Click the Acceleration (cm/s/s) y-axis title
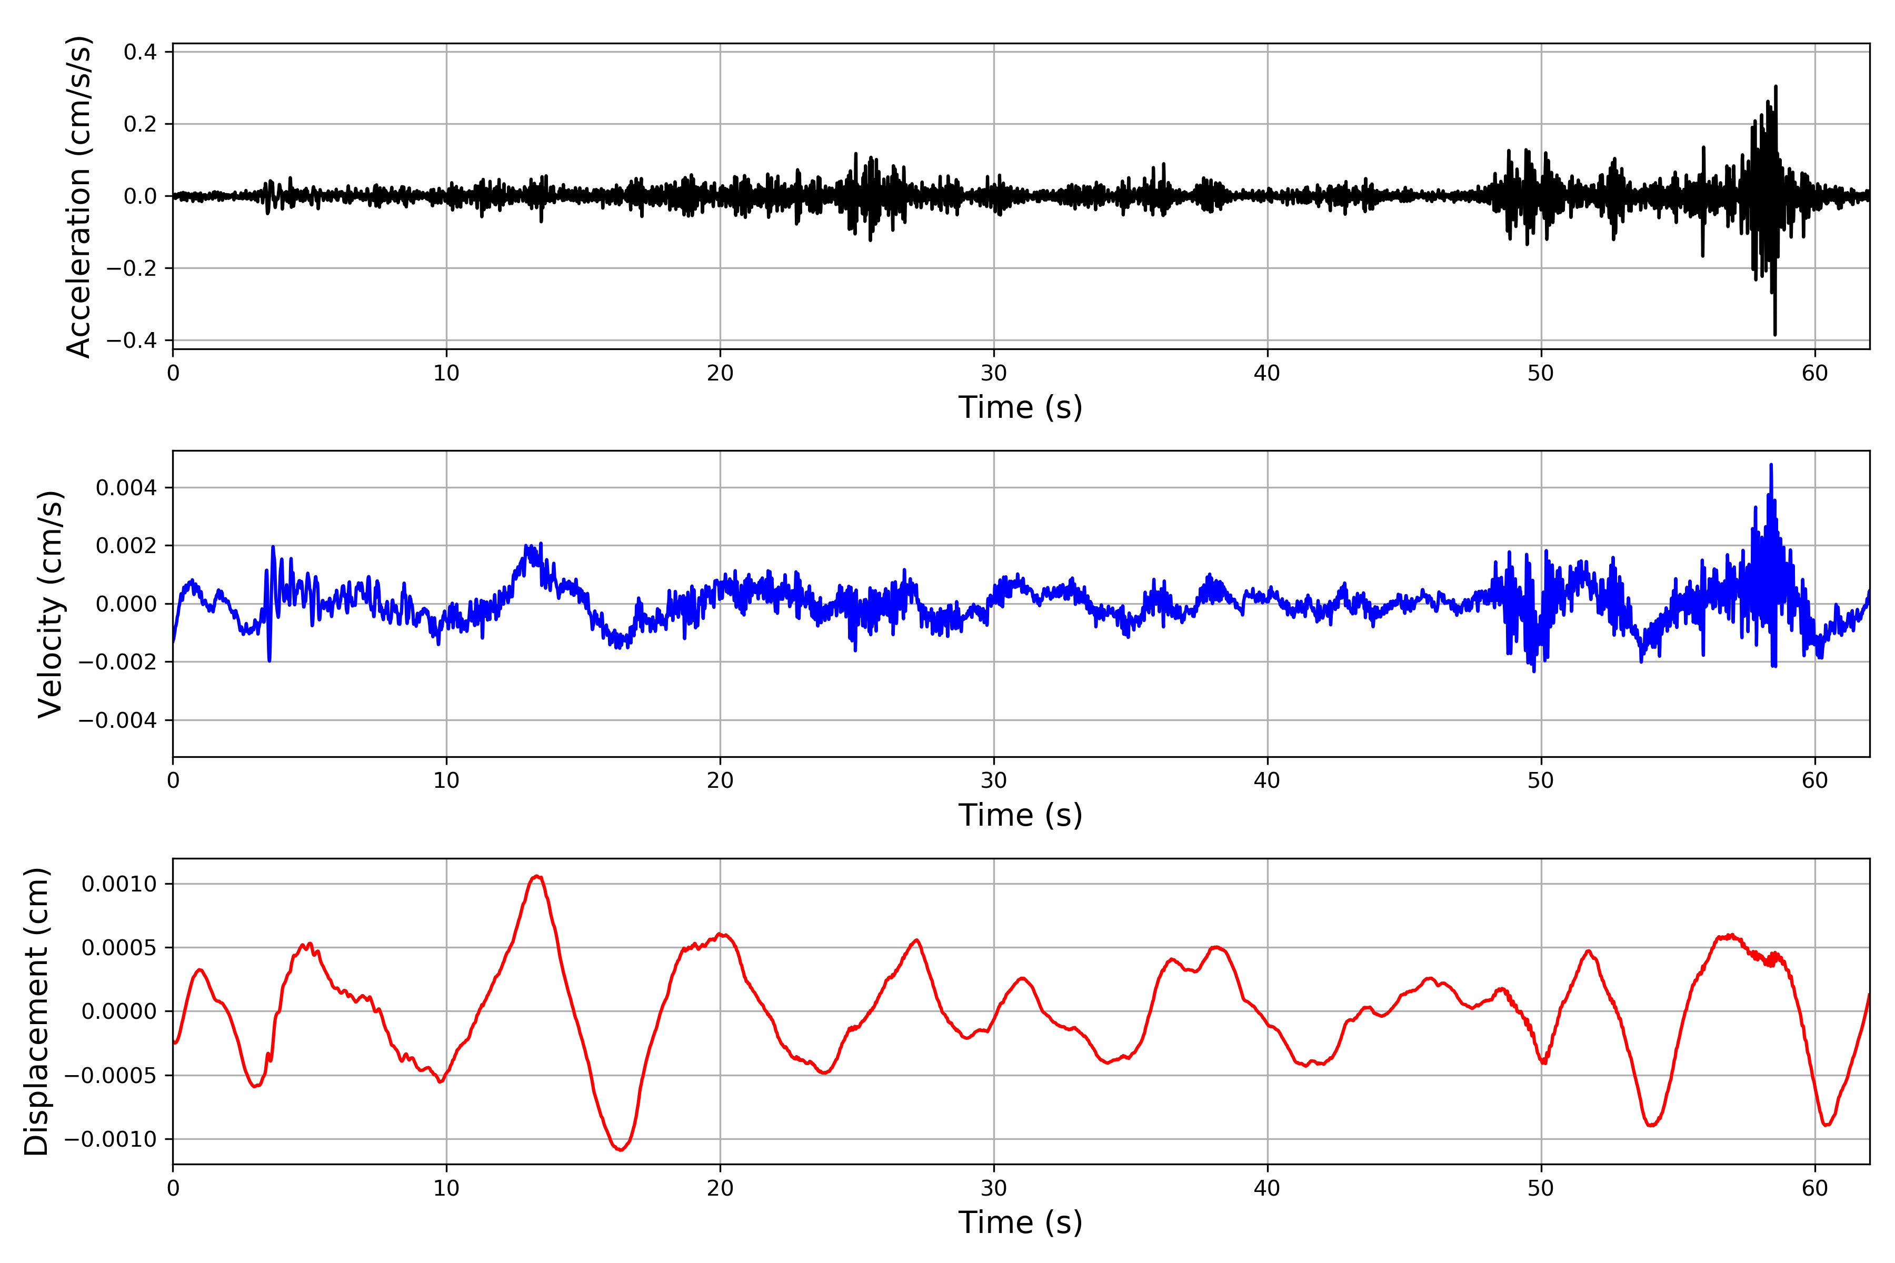pos(78,196)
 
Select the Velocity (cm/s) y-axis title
pos(50,604)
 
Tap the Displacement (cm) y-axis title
pos(36,1011)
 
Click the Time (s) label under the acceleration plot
pos(1020,407)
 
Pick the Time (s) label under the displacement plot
pos(1020,1222)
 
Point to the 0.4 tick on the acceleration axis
pos(140,52)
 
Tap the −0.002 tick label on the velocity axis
pos(117,662)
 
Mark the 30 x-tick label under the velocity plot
pos(993,780)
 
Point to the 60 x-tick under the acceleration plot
pos(1814,374)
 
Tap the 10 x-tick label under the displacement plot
pos(446,1188)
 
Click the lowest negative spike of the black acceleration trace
pos(1775,334)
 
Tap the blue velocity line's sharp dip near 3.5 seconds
pos(269,660)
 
